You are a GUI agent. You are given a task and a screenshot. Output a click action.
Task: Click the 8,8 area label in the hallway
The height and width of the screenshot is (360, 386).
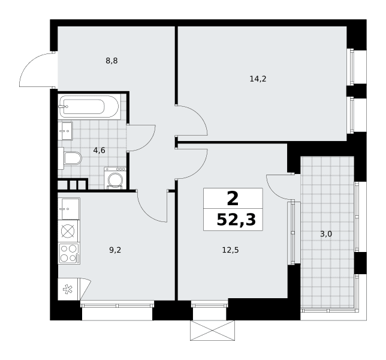pos(111,61)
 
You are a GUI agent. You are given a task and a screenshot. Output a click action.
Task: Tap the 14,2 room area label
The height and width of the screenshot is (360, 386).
pos(258,79)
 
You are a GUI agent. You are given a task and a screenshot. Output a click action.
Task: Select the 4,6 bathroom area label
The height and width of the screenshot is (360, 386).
pos(99,150)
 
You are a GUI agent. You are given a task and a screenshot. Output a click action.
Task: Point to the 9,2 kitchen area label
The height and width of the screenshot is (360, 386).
pos(115,250)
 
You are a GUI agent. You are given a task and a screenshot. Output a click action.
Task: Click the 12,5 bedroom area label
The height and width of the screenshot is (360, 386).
pos(230,250)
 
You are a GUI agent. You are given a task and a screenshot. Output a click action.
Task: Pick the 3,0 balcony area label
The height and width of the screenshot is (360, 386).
pos(326,234)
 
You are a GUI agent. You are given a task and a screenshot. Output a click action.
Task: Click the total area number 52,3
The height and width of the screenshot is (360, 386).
pos(236,220)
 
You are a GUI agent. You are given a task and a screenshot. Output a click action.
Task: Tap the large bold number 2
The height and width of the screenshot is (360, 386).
pos(233,199)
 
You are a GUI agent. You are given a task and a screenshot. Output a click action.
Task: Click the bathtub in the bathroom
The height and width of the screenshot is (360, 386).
pos(90,106)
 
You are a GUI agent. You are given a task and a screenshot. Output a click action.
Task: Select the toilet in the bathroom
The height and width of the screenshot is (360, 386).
pos(70,158)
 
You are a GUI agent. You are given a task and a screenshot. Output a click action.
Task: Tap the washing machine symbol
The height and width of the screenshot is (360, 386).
pos(115,178)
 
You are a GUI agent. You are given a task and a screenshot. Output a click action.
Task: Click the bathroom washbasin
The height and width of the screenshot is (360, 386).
pos(65,131)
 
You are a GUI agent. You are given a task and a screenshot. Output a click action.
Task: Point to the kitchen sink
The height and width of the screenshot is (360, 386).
pos(69,209)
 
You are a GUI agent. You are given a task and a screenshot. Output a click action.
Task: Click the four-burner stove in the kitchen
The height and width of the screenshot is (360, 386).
pos(69,254)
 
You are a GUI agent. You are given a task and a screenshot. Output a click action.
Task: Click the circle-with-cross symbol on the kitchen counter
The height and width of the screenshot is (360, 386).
pos(68,232)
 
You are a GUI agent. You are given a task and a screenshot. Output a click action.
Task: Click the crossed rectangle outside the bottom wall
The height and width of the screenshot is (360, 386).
pos(212,331)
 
